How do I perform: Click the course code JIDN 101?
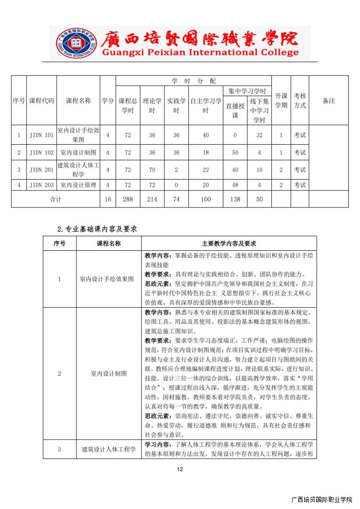(41, 135)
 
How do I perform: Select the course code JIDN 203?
(41, 185)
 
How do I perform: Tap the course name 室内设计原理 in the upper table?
(78, 185)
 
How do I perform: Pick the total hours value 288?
(128, 199)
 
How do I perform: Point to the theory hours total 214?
(152, 199)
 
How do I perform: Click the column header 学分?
(108, 100)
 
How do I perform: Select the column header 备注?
(329, 100)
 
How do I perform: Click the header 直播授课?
(235, 111)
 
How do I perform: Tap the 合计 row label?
(56, 199)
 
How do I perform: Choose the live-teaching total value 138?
(235, 199)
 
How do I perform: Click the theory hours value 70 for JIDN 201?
(152, 170)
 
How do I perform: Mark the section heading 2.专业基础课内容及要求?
(97, 229)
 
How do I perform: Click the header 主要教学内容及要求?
(229, 244)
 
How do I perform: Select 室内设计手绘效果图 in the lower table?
(108, 279)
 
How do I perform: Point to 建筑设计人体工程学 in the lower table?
(108, 449)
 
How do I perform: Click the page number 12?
(180, 469)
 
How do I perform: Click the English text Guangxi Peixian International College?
(200, 53)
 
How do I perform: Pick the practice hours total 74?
(176, 199)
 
